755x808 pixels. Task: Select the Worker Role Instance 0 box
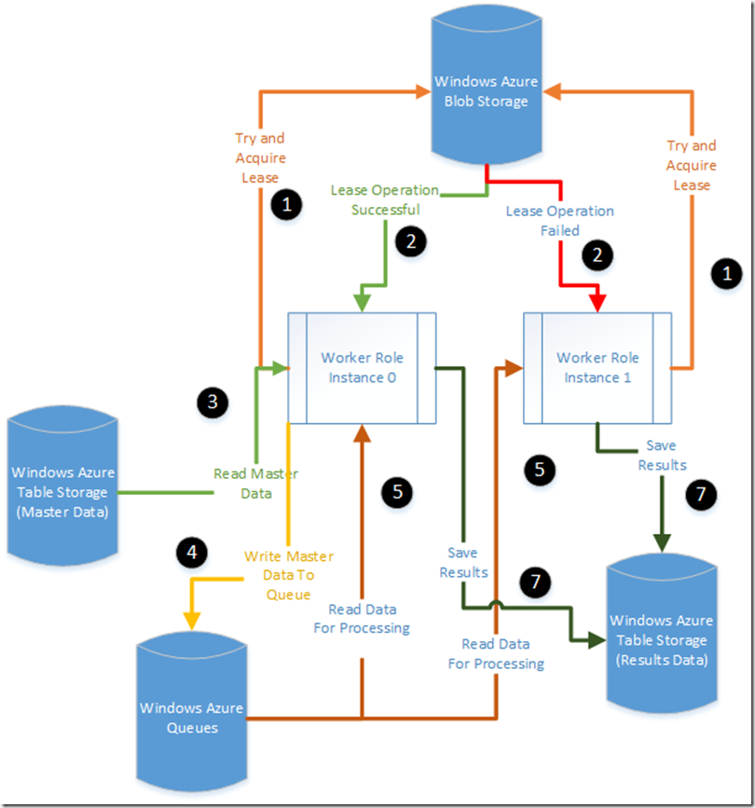click(363, 367)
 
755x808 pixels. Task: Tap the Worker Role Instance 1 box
click(597, 367)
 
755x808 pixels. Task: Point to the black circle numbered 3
click(213, 402)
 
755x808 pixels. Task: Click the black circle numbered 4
click(192, 552)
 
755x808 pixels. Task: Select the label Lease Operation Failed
click(559, 220)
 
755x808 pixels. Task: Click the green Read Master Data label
click(255, 483)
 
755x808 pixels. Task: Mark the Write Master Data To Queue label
click(288, 576)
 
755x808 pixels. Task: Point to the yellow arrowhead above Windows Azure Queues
click(192, 619)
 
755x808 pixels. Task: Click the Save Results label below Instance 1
click(662, 455)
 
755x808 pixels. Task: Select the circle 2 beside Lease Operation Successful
click(410, 241)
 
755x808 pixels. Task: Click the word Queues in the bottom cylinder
click(192, 727)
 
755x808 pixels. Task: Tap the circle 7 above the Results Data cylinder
click(701, 495)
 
